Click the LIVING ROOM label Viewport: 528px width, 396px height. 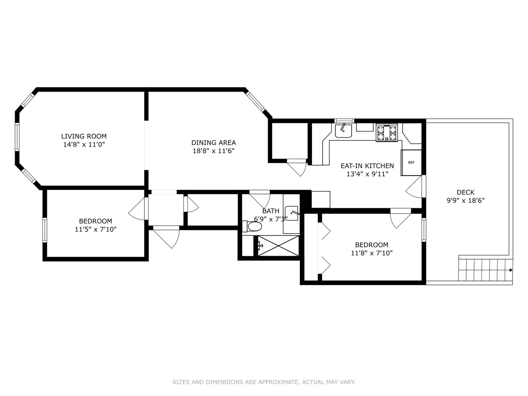click(x=84, y=136)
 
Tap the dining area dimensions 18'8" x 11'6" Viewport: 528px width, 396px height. click(x=213, y=151)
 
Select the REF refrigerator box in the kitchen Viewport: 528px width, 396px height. click(x=411, y=162)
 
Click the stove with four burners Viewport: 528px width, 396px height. click(x=387, y=133)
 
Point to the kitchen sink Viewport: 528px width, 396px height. click(x=343, y=131)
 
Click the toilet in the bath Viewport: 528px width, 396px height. click(x=253, y=227)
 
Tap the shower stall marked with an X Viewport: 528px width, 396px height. click(x=278, y=245)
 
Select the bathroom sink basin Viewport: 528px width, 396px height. click(x=292, y=213)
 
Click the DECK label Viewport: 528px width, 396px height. click(x=465, y=192)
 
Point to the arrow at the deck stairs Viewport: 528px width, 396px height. click(x=510, y=270)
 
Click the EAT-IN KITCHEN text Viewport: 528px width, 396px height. click(x=367, y=166)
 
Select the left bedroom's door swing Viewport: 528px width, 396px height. click(x=137, y=209)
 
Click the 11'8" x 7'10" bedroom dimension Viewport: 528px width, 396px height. click(x=371, y=253)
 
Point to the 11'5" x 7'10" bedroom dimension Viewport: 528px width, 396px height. click(x=95, y=230)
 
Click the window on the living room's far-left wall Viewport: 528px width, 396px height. click(x=17, y=136)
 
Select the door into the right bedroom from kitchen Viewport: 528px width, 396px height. click(x=400, y=218)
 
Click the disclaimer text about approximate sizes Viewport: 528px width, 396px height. click(x=264, y=382)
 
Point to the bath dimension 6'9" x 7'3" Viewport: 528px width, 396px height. click(x=271, y=219)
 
